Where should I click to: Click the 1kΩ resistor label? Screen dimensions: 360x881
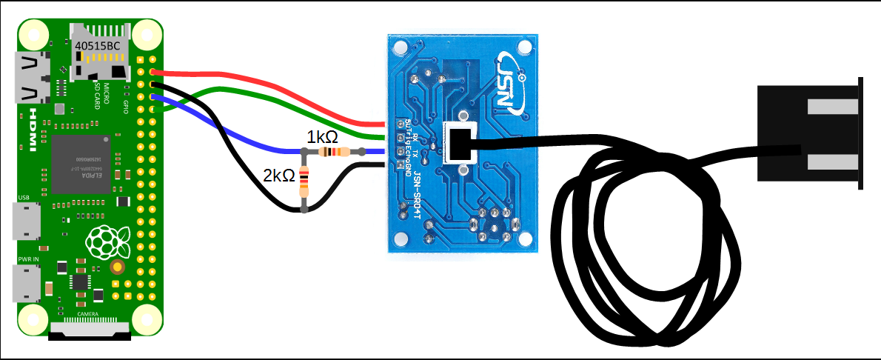[x=323, y=137]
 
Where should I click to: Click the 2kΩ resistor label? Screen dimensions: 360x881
[x=278, y=176]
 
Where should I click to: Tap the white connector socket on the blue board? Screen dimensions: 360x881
[x=460, y=143]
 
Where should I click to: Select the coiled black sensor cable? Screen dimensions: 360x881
[x=644, y=252]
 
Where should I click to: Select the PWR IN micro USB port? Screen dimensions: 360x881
[x=26, y=283]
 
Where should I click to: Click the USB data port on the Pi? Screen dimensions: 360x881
[x=26, y=220]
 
